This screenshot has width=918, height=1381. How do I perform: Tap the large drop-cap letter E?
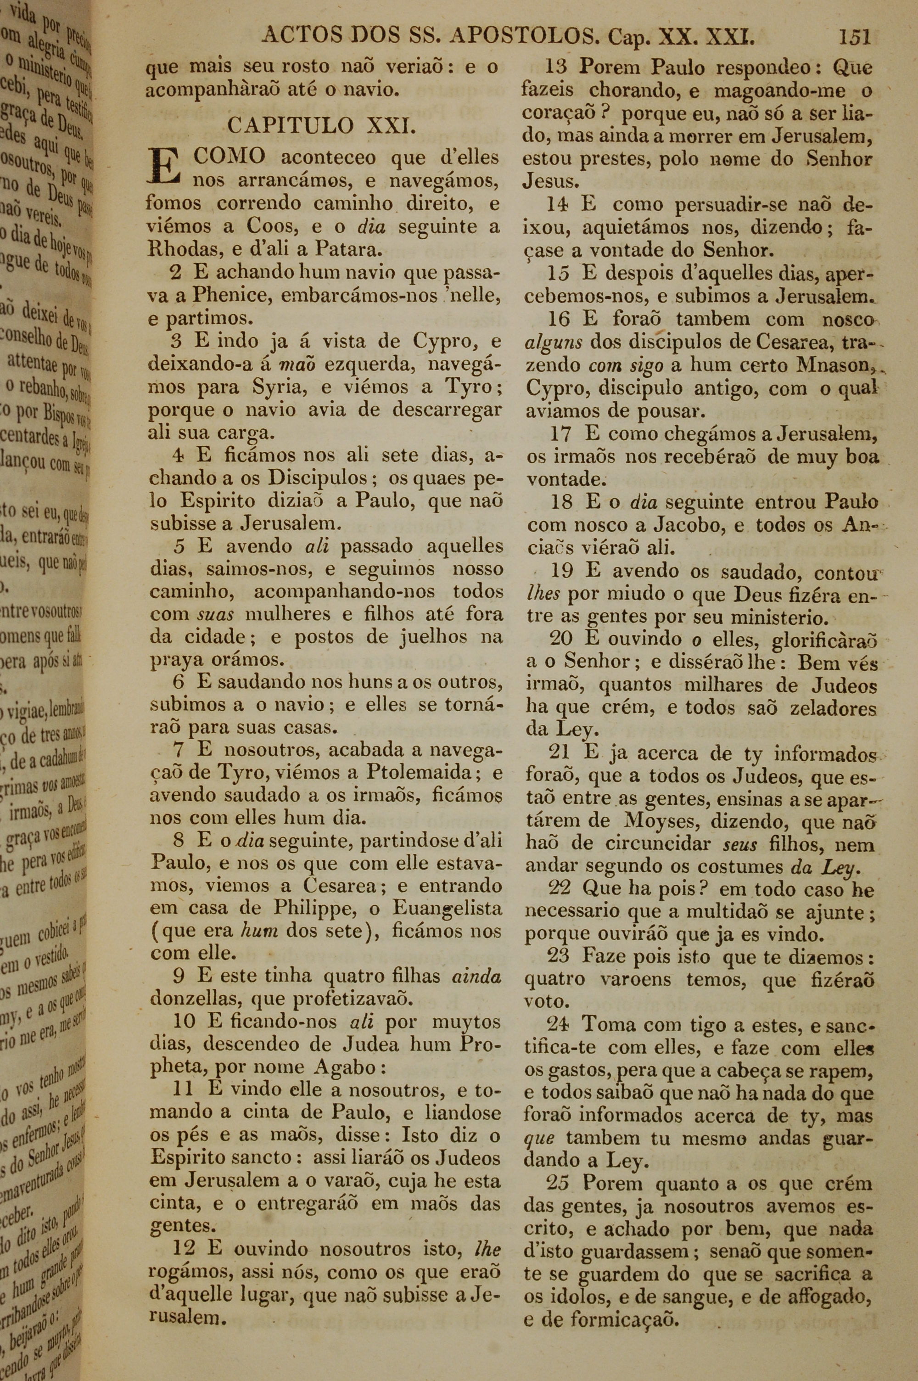pos(164,167)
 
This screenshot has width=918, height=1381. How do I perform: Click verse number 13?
pos(557,67)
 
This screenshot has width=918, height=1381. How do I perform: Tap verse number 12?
pos(183,1248)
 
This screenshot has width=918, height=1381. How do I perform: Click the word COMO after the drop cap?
pos(229,157)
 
